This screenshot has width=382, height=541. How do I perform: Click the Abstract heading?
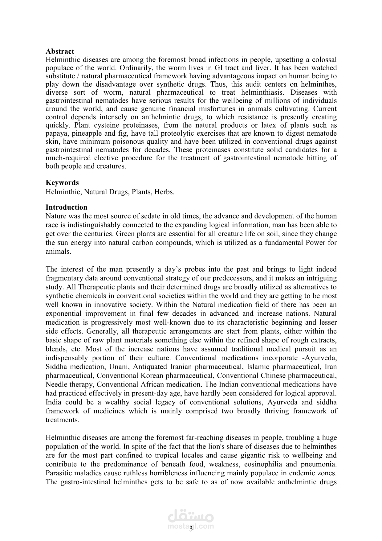point(60,51)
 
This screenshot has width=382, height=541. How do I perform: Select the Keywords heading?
point(62,182)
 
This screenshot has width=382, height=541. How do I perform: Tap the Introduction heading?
point(66,207)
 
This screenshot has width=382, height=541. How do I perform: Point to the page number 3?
point(191,529)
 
